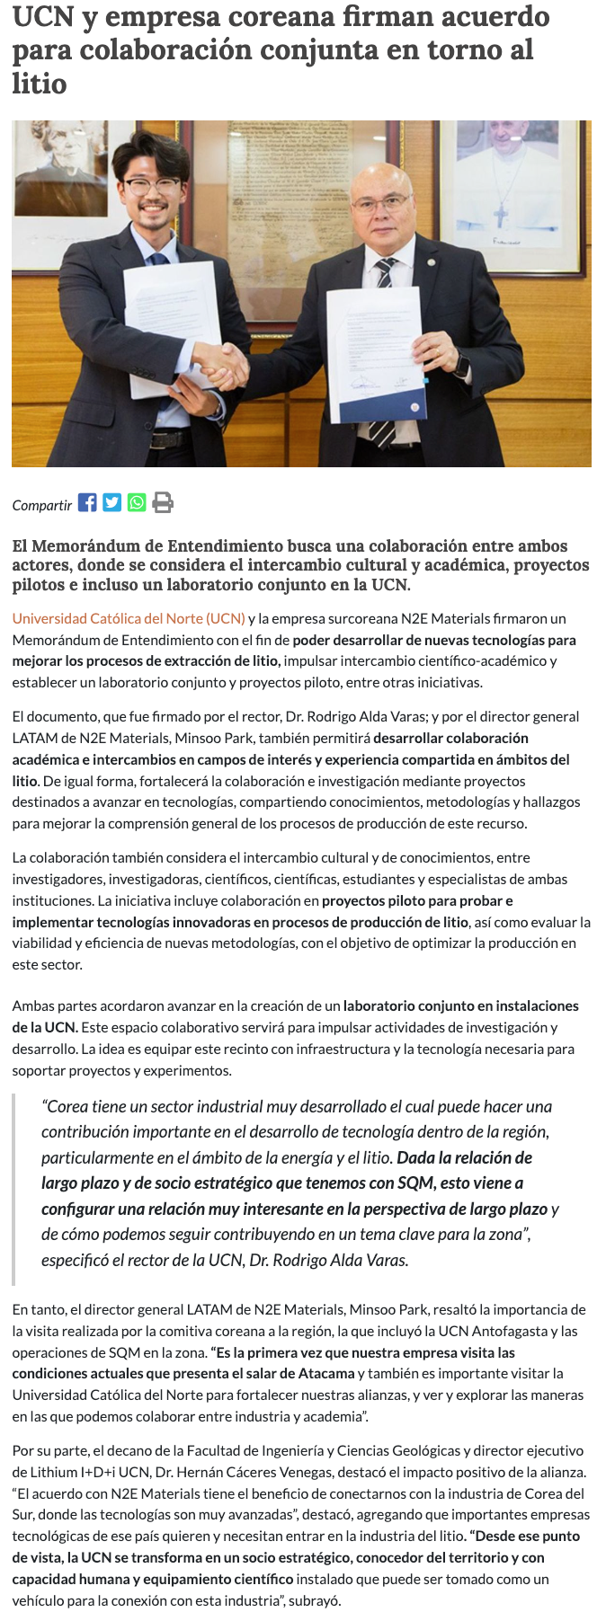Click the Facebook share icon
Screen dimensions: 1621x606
87,502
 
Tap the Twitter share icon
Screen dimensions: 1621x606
111,502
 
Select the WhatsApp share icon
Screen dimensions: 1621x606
137,502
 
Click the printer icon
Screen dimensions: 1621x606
163,502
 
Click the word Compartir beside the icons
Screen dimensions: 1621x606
41,506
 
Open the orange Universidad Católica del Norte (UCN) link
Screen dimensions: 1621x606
129,618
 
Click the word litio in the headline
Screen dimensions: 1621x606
40,84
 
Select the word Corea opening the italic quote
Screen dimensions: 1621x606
67,1107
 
